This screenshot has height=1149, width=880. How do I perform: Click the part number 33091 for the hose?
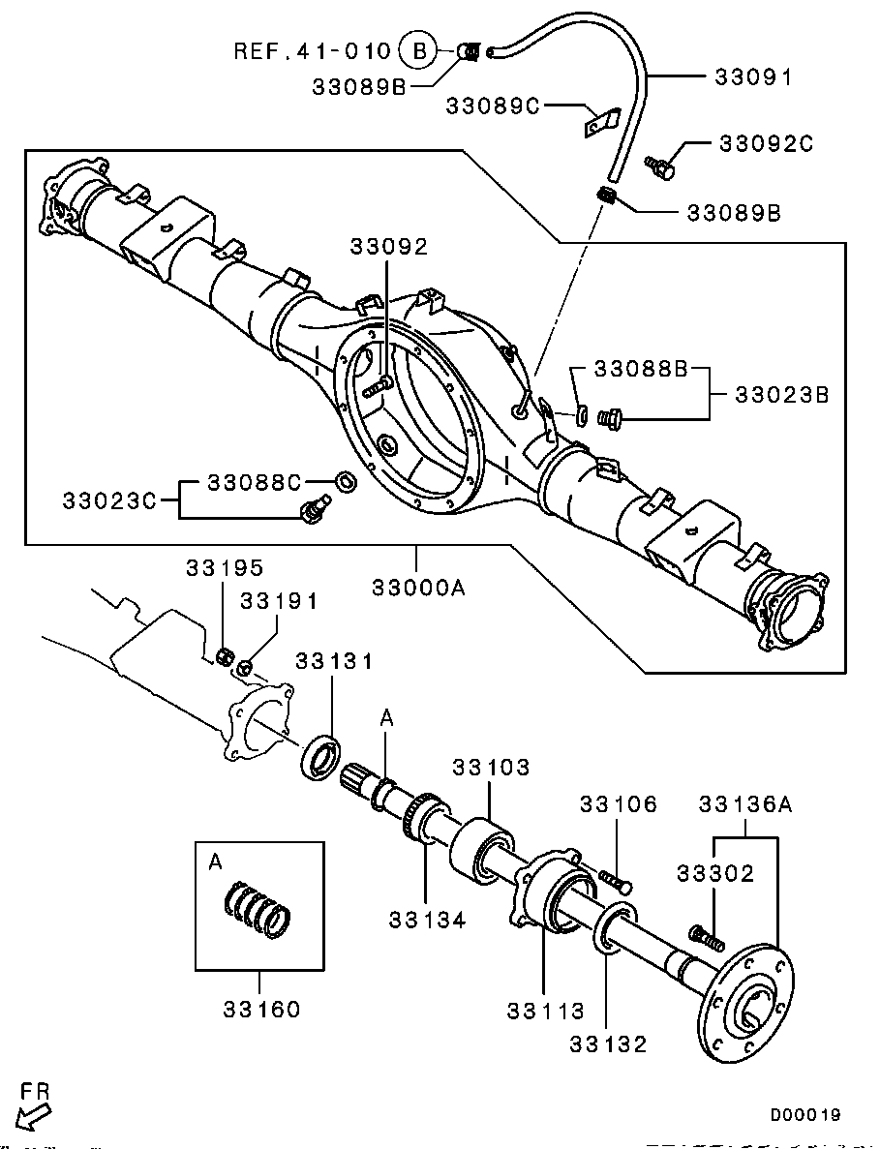click(x=753, y=77)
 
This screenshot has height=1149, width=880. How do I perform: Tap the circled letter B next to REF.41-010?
click(x=419, y=50)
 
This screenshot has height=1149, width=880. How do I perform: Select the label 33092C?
click(x=766, y=144)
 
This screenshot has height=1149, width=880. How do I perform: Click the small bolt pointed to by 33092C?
click(x=662, y=166)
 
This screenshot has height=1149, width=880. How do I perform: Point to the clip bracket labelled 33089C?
click(x=603, y=123)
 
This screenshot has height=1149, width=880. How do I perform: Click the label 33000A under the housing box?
click(x=417, y=588)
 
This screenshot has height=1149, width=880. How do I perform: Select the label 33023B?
click(x=782, y=395)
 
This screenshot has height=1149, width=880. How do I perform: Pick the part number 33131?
click(x=334, y=661)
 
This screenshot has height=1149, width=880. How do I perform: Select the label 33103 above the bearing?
click(x=492, y=768)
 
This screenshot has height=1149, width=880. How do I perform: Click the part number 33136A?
click(x=744, y=803)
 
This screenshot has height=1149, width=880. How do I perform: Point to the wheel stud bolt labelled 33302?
click(x=705, y=936)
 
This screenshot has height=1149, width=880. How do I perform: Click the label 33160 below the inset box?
click(x=261, y=1010)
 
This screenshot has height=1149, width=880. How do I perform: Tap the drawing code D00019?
click(x=805, y=1115)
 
